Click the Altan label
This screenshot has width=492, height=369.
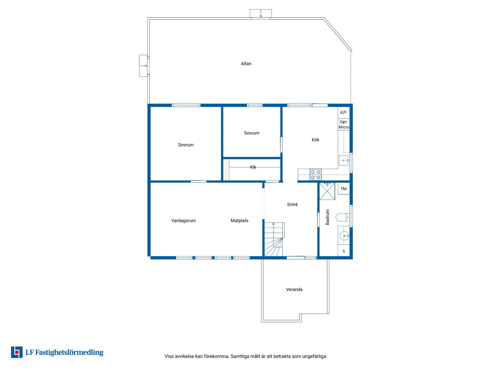tap(246, 64)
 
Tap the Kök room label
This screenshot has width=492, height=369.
tap(315, 140)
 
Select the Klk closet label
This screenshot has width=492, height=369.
tap(253, 167)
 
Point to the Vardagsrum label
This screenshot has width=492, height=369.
tap(183, 221)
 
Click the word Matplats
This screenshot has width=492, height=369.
tap(239, 221)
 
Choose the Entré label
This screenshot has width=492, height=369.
tap(292, 204)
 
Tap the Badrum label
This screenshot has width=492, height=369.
tap(327, 217)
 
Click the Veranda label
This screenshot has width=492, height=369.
tap(294, 290)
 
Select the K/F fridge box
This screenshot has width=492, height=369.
tap(344, 112)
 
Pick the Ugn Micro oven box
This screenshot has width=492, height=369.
tap(344, 125)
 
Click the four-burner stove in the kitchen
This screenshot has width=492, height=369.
tap(315, 175)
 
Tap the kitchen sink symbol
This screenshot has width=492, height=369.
tap(344, 160)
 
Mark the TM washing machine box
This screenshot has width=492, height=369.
tap(344, 189)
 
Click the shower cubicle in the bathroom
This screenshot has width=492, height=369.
tap(327, 191)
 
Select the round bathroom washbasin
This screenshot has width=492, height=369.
tap(344, 235)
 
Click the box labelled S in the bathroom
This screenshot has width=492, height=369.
tap(344, 251)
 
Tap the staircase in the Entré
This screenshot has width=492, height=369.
tap(274, 239)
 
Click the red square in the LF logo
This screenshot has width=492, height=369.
tap(17, 352)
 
